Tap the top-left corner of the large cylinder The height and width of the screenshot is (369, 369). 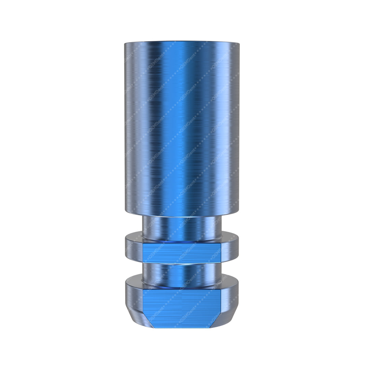pos(125,43)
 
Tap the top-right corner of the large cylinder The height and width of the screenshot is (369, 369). pos(239,43)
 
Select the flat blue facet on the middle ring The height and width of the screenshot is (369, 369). pos(182,253)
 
